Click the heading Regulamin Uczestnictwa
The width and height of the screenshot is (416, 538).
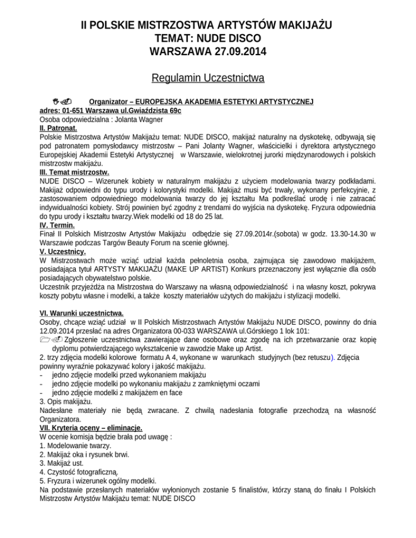pos(208,79)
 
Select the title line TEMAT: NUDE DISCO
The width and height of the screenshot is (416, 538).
pos(207,40)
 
